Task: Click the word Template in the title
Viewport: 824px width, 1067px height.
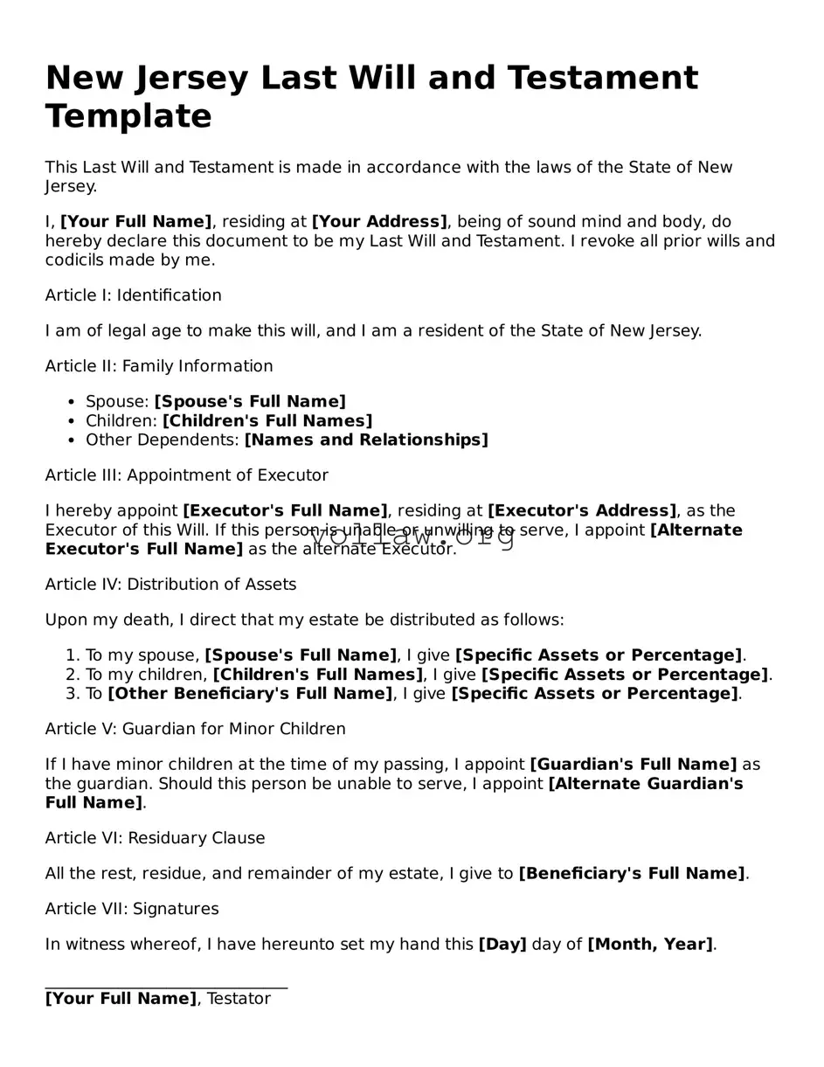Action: coord(128,116)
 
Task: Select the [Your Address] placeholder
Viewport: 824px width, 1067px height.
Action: coord(379,222)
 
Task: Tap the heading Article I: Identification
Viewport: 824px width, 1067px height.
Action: coord(134,295)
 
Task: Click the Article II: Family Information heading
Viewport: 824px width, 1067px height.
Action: coord(159,366)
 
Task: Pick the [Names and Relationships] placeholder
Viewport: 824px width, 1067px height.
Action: coord(366,440)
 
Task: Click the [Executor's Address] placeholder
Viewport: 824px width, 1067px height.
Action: coord(582,510)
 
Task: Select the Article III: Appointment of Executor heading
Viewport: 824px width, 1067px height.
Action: coord(187,475)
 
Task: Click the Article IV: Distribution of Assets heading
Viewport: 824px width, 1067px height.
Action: coord(170,585)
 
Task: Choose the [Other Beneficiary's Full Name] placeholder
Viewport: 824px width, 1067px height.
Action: coord(251,694)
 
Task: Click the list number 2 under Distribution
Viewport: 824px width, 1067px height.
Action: coord(73,675)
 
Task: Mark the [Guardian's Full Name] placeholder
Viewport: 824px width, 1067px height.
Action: coord(634,765)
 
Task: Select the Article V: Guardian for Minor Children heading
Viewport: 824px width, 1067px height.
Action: coord(196,729)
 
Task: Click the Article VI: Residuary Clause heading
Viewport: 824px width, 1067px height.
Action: coord(155,838)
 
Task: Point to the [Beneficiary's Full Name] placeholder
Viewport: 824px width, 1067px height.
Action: coord(632,874)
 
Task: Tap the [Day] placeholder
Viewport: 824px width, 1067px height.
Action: coord(502,945)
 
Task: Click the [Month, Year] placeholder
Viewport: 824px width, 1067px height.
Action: coord(650,945)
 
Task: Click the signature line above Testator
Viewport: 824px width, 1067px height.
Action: coord(166,987)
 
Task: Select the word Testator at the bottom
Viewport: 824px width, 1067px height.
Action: coord(239,999)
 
